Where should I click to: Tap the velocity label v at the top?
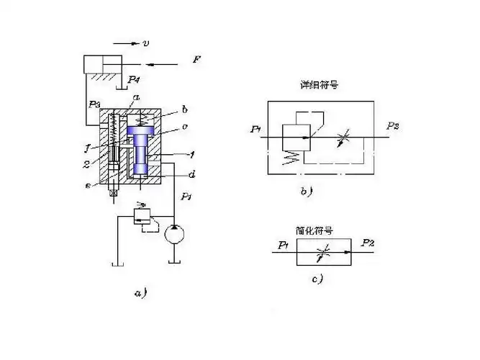tap(146, 43)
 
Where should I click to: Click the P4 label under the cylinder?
tap(135, 80)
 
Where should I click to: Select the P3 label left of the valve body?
tap(94, 104)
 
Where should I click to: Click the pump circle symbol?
tap(173, 235)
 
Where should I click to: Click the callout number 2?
tap(86, 164)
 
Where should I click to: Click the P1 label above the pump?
tap(186, 196)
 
